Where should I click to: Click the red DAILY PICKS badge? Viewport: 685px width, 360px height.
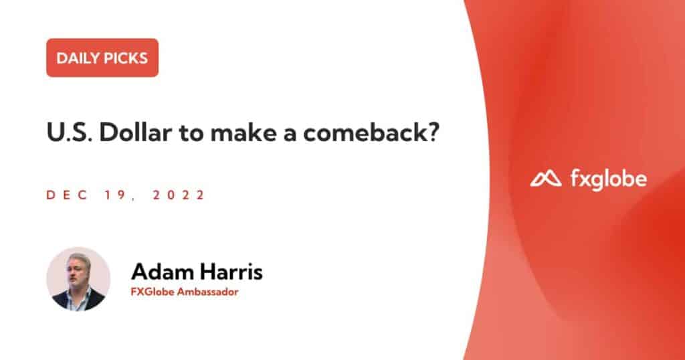coord(102,58)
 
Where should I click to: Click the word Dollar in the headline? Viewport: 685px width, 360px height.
coord(135,132)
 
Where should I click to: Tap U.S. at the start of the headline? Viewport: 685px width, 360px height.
coord(69,132)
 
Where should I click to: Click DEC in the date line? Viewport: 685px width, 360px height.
coord(67,195)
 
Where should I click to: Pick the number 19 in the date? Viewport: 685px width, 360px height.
coord(115,195)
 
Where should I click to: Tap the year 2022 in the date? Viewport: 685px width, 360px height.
coord(178,195)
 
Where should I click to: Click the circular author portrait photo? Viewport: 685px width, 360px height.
coord(79,279)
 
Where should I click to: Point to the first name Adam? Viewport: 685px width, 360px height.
coord(162,272)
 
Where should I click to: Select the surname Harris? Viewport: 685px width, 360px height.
coord(231,272)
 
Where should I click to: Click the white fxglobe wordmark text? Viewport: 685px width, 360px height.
coord(609,179)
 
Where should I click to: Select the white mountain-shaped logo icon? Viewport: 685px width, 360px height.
coord(546,178)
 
